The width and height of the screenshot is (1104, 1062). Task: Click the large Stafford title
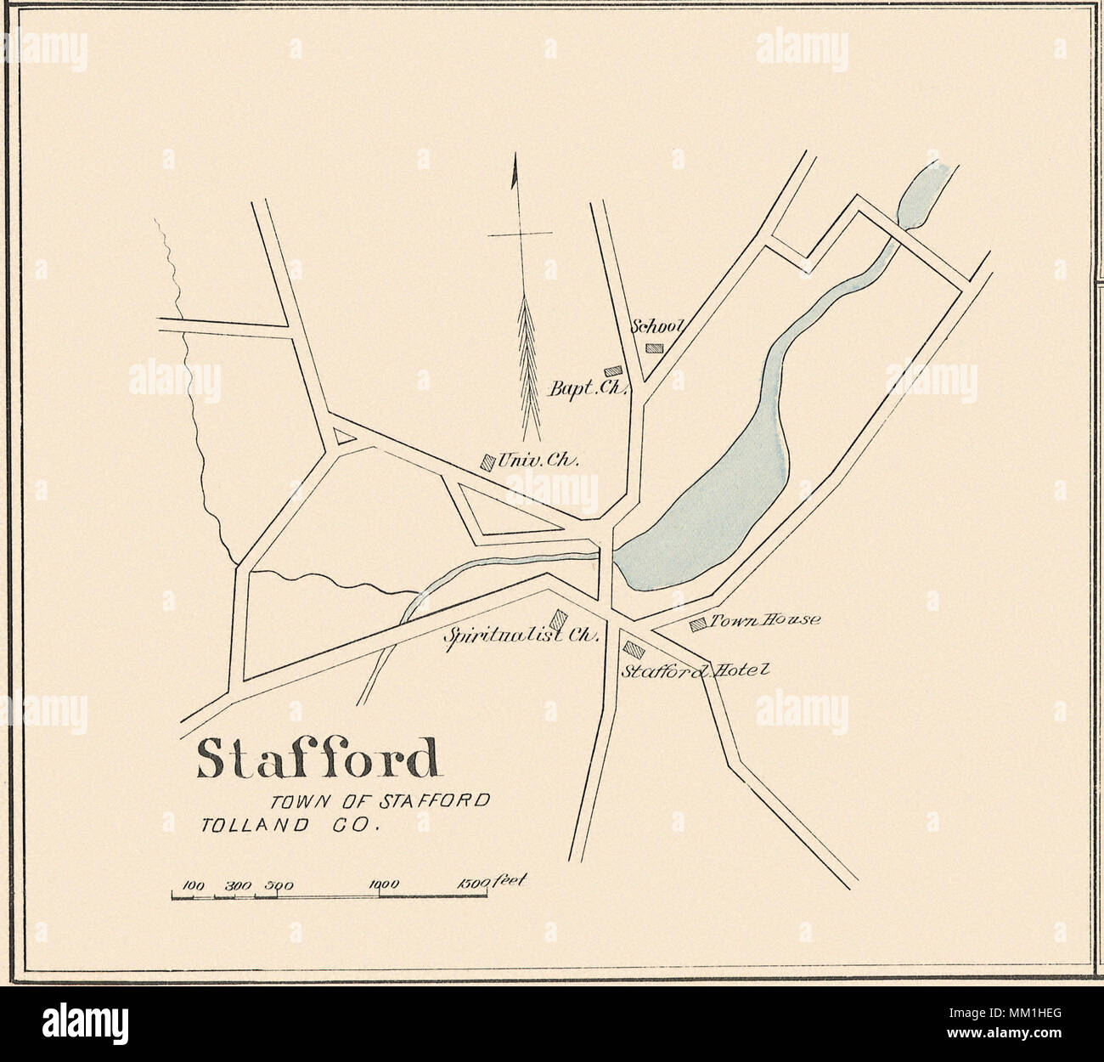tap(318, 759)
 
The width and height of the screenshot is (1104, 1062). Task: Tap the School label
tap(659, 326)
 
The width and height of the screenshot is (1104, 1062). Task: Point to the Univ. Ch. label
tap(538, 461)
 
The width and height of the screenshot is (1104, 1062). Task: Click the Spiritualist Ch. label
tap(525, 636)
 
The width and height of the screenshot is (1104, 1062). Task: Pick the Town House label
tap(765, 620)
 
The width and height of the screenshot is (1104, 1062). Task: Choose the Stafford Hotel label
tap(696, 669)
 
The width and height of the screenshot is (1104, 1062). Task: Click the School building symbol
tap(654, 347)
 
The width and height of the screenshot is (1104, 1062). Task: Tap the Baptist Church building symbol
tap(612, 371)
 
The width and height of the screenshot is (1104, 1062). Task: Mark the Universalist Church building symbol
tap(487, 461)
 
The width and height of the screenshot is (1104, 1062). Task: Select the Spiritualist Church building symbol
tap(560, 619)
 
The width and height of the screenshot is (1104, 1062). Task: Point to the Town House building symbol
tap(698, 624)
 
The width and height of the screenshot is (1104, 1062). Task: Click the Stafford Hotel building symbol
tap(634, 648)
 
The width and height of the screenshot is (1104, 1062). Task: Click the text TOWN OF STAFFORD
tap(380, 800)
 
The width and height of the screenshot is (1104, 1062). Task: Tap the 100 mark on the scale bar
tap(195, 885)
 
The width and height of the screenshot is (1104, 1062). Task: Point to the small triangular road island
tap(343, 437)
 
